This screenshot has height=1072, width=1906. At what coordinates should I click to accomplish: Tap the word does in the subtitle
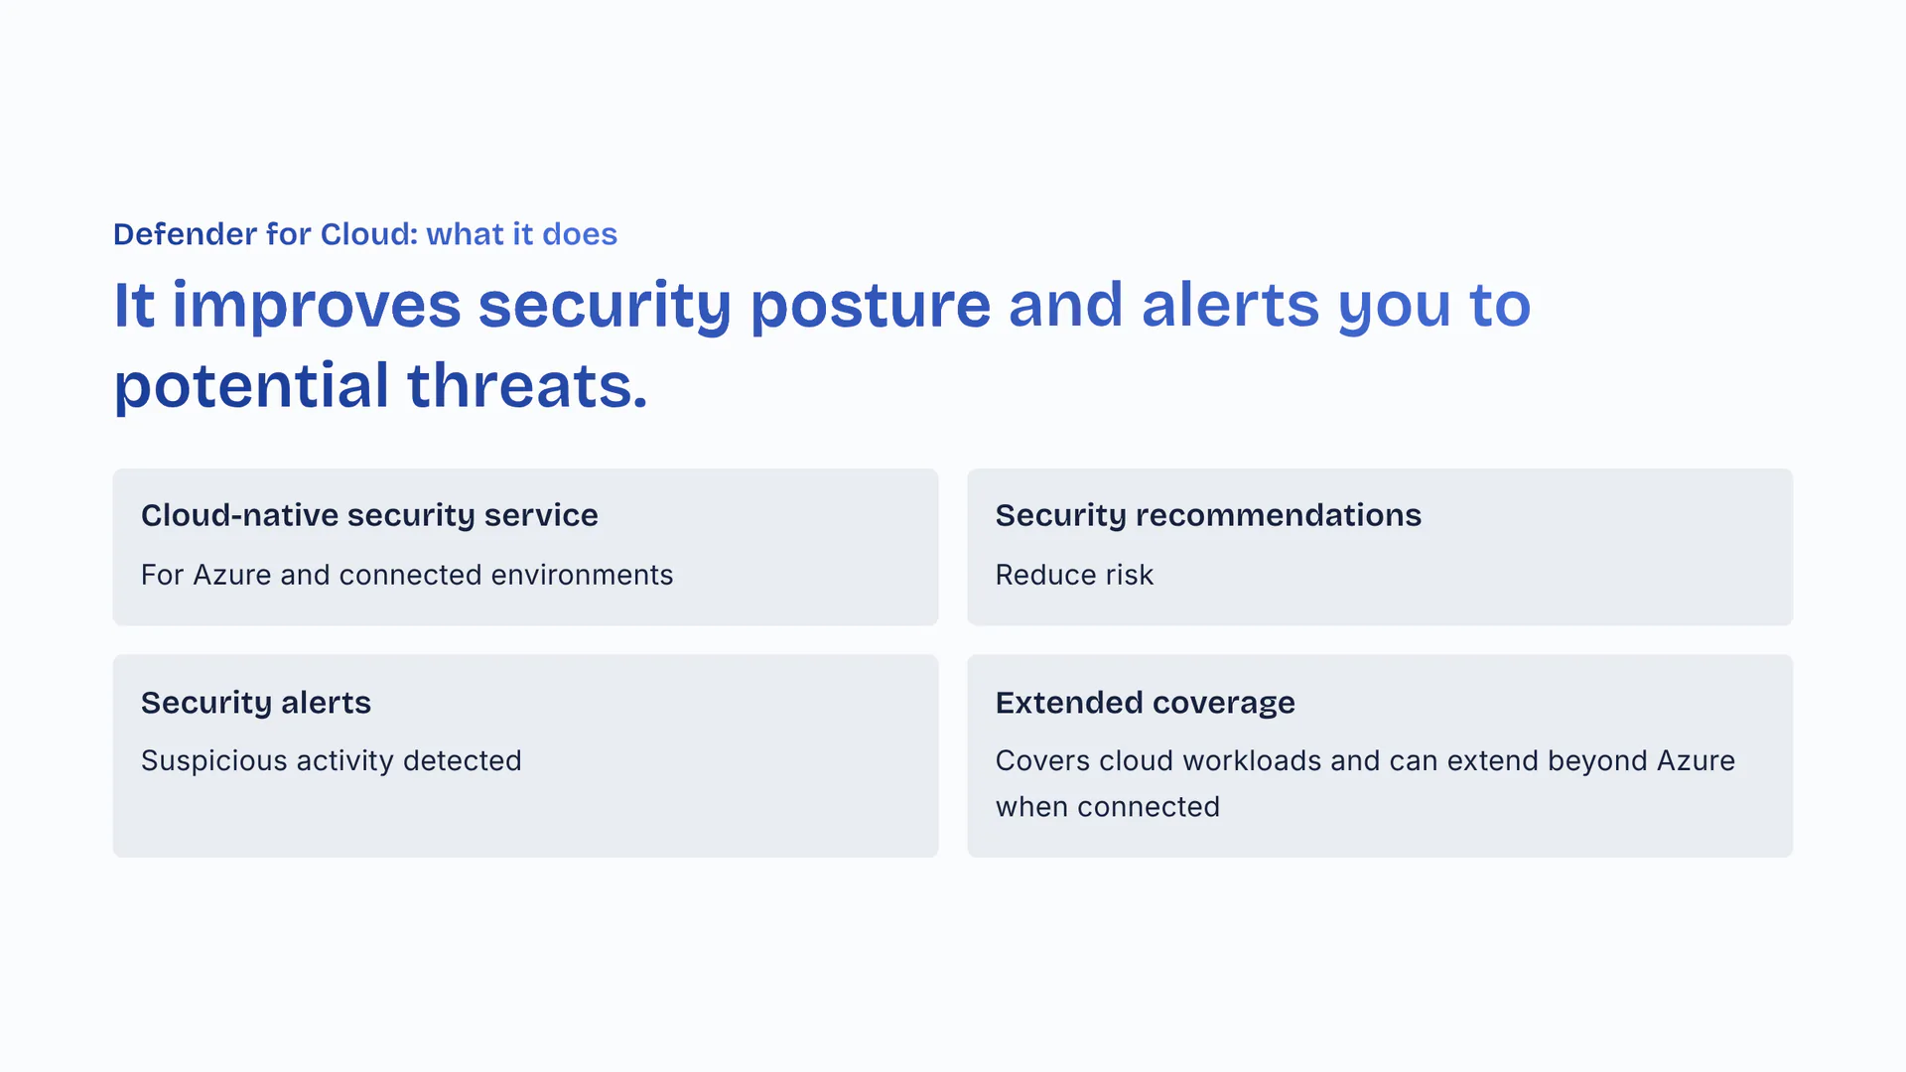click(580, 234)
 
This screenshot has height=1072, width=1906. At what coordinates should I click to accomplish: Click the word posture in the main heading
click(870, 306)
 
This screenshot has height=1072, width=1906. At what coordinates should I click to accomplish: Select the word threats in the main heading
click(526, 386)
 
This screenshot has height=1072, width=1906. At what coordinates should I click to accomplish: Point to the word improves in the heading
click(316, 306)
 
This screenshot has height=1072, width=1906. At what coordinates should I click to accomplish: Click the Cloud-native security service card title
click(369, 515)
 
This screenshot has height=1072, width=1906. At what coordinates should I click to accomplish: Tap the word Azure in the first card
click(231, 575)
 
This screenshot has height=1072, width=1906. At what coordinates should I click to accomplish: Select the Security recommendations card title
click(1207, 515)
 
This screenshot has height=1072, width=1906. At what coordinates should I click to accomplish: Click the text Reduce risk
click(1073, 575)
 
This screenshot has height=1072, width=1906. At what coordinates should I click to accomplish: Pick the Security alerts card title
click(255, 703)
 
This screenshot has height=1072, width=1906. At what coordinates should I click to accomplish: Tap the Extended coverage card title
click(1145, 703)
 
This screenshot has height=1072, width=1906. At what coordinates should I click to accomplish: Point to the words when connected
click(1107, 807)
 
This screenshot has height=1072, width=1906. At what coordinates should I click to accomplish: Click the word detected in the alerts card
click(462, 761)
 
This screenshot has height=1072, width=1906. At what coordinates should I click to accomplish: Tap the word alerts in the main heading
click(1230, 306)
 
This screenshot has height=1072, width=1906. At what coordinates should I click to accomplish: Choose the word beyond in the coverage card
click(1597, 761)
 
